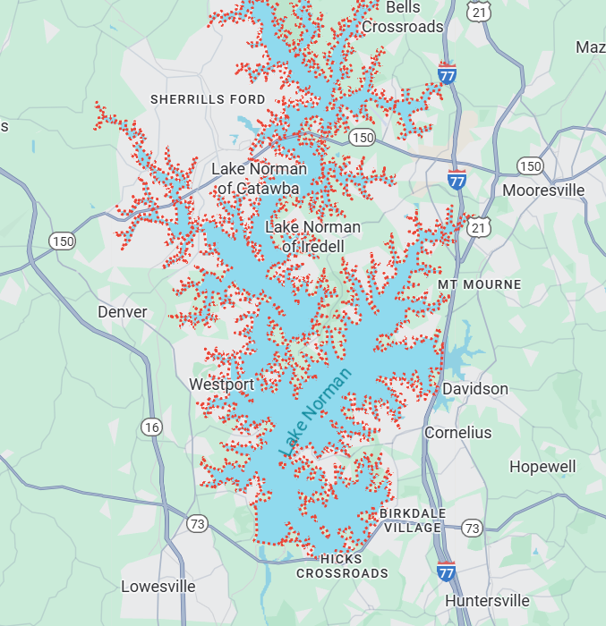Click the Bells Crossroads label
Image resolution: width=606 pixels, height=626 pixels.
point(402,17)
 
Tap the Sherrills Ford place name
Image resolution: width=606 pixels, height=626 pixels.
point(208,99)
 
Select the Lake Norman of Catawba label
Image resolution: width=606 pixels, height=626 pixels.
point(259,178)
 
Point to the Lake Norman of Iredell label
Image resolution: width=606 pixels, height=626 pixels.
point(312,236)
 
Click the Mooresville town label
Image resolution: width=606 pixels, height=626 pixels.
point(543,190)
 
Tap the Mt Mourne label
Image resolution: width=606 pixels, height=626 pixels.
point(479,284)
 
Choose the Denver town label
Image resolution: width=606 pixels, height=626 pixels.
point(122,312)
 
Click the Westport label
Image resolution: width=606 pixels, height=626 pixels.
point(221,385)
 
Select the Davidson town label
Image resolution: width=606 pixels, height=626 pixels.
point(475,389)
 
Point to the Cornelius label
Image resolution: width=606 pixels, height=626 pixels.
point(457,433)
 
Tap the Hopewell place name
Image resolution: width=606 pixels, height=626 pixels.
point(542,467)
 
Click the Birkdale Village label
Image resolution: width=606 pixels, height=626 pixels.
point(411,520)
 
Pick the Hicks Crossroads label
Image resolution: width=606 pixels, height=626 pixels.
point(342,566)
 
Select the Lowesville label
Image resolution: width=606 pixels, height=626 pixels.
point(158,587)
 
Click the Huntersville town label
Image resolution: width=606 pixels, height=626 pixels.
point(487,600)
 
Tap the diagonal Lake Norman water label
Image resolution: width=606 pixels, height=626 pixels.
point(316,413)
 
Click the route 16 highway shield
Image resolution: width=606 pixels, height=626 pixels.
point(151,427)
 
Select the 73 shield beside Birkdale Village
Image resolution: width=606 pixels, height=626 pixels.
point(472,528)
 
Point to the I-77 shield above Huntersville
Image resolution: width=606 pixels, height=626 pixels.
point(446,571)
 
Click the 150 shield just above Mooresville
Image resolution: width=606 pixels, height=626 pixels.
point(530,166)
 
